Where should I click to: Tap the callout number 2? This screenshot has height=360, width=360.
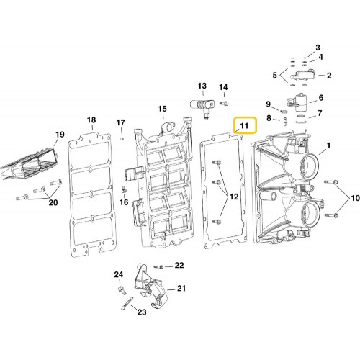click(x=329, y=76)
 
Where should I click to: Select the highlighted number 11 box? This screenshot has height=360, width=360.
click(x=244, y=127)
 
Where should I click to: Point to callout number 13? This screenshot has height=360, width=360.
click(x=202, y=85)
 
